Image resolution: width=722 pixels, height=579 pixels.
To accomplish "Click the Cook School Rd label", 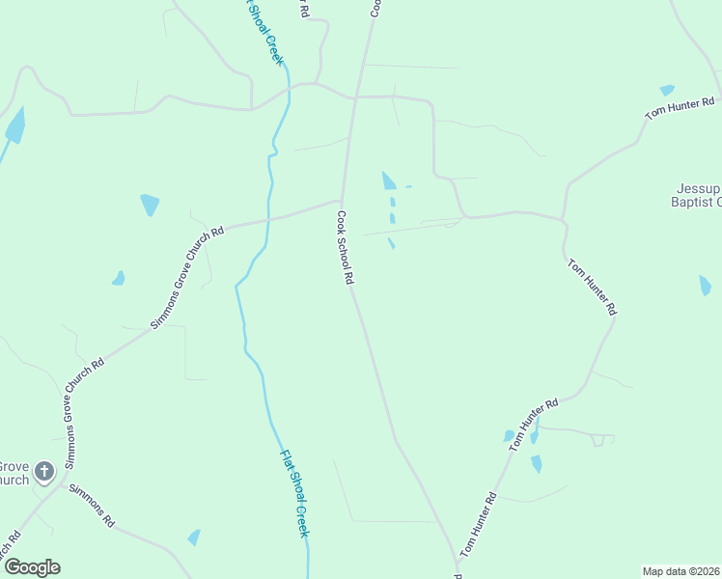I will [347, 248].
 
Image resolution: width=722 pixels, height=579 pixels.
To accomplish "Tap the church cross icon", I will [44, 472].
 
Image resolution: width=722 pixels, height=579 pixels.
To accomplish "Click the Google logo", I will [32, 567].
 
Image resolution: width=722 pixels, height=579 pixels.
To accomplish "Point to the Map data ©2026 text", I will [680, 571].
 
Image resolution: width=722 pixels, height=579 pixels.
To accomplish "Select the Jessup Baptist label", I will [696, 195].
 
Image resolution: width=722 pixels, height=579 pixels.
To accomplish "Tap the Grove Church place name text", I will [14, 472].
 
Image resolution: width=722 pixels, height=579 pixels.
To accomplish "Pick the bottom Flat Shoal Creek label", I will [294, 493].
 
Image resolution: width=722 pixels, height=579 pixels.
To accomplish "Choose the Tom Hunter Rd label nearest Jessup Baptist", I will [680, 107].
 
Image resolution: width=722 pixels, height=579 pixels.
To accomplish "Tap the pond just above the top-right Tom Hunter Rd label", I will [667, 90].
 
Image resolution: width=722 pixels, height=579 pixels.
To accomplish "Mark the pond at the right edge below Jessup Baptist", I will [705, 285].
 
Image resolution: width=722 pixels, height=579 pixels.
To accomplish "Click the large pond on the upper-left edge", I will [15, 125].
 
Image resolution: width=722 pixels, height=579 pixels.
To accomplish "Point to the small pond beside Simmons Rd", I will [195, 538].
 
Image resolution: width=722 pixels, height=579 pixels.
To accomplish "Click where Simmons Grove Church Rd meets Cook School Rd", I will [341, 201].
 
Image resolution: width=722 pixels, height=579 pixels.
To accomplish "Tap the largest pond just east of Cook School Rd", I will [388, 180].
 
